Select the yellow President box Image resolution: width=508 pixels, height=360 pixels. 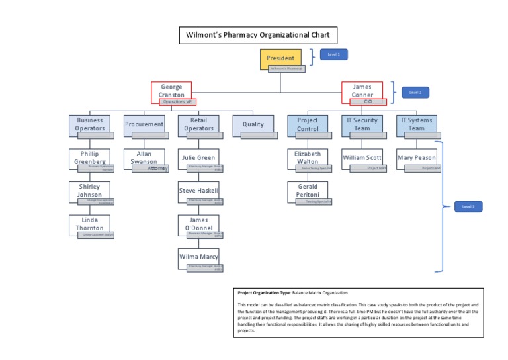point(280,58)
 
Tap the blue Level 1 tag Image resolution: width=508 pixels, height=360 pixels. point(333,54)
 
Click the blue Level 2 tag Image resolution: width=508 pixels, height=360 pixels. point(415,93)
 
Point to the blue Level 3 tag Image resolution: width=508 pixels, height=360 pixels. point(468,207)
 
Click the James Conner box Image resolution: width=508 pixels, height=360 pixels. point(362,91)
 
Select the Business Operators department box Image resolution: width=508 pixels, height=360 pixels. point(90,124)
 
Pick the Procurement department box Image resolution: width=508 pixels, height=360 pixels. point(144,124)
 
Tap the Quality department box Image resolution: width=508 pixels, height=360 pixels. point(253,124)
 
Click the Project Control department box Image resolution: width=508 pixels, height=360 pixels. point(308,124)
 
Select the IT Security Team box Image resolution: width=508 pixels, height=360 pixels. point(362,124)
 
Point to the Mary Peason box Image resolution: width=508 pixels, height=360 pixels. point(416,158)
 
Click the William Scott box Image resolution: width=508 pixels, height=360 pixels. point(362,158)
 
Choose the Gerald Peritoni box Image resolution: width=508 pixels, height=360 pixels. point(308,191)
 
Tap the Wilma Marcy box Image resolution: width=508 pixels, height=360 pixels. point(198,257)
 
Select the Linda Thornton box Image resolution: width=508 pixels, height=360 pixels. point(90,224)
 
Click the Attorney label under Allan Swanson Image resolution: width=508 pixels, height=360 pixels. point(157,169)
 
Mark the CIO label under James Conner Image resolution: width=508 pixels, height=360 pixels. point(368,102)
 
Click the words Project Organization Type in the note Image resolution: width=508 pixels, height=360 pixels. point(263,292)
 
